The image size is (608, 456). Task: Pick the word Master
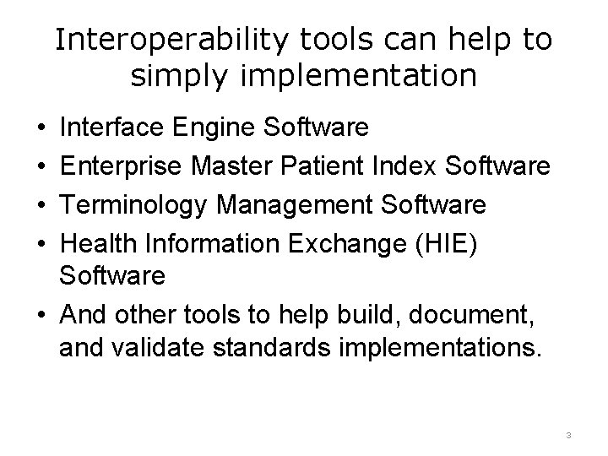coord(226,167)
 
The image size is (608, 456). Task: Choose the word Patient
coord(315,167)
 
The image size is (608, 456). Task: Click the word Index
coord(395,167)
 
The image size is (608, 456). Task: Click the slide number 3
coord(569,436)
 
